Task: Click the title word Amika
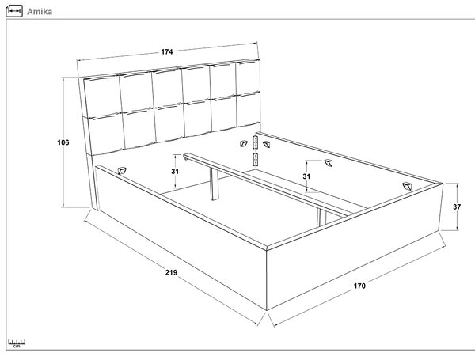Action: (x=40, y=12)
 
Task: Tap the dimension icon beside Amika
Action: (x=14, y=11)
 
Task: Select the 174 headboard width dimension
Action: (x=167, y=51)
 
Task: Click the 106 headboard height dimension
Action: (x=63, y=142)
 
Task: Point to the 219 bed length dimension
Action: (x=171, y=272)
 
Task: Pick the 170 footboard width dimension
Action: (x=359, y=286)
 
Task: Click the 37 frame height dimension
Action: (x=457, y=207)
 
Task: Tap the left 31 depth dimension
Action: (x=175, y=172)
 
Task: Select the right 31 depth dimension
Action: (x=306, y=176)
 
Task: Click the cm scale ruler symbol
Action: (x=17, y=343)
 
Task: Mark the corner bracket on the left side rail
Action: (x=122, y=171)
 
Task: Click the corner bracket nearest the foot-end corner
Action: (x=408, y=186)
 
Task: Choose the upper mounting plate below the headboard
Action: (x=256, y=142)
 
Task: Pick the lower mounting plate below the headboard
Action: (x=256, y=160)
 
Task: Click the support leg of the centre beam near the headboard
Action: (x=215, y=184)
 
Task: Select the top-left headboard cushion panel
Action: (x=102, y=95)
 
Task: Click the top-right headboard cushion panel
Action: (x=248, y=77)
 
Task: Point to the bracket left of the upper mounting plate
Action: (x=244, y=144)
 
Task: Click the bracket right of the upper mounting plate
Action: (x=266, y=144)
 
